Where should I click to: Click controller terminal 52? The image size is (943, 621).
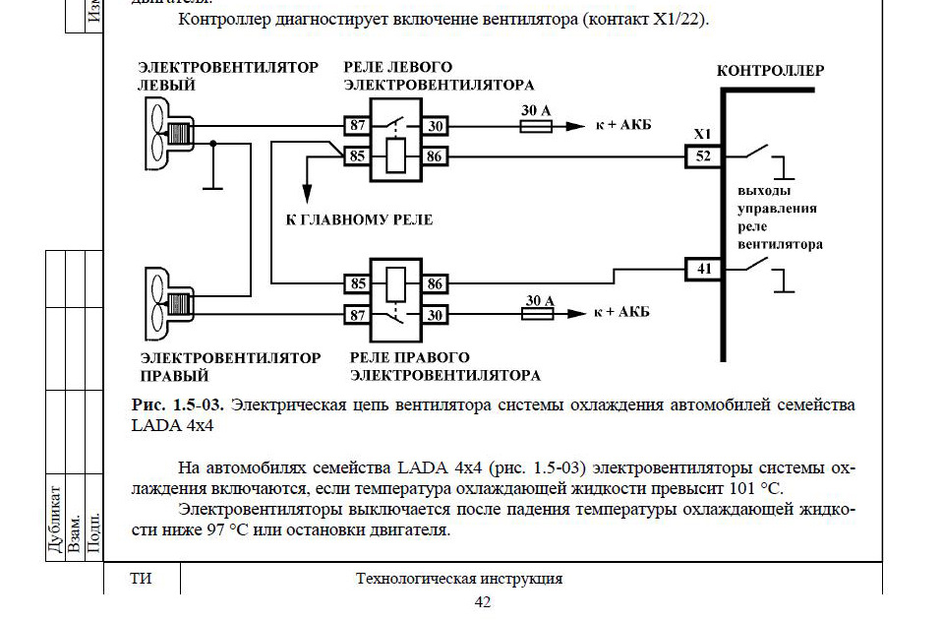coord(702,155)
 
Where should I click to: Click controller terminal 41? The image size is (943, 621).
coord(702,268)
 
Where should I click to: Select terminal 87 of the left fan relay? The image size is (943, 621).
coord(356,126)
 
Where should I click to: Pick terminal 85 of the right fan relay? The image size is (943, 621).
coord(356,284)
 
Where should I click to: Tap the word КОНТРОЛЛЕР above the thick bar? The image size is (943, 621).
coord(770,72)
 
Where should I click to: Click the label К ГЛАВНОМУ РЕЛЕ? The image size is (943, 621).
coord(359,218)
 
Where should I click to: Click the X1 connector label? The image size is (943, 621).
coord(702,133)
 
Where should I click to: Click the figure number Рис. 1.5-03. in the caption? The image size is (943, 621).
coord(178,404)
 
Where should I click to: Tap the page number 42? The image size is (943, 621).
coord(482,602)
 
